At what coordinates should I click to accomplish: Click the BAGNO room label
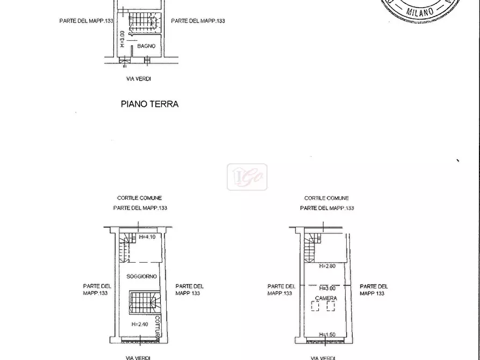[146, 46]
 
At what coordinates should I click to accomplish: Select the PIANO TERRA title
[149, 104]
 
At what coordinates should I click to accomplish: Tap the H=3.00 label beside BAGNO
[123, 39]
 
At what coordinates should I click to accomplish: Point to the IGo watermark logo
[247, 177]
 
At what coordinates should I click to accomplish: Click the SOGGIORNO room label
[142, 276]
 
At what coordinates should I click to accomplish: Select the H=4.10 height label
[147, 237]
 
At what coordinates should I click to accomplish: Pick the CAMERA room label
[326, 298]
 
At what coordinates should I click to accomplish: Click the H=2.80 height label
[327, 266]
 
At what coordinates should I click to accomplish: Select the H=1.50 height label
[327, 334]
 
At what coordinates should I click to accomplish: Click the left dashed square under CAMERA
[315, 306]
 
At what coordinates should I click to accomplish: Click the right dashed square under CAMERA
[331, 306]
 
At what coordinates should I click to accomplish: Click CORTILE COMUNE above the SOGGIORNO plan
[139, 198]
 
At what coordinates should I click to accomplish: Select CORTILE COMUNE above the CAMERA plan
[326, 198]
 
